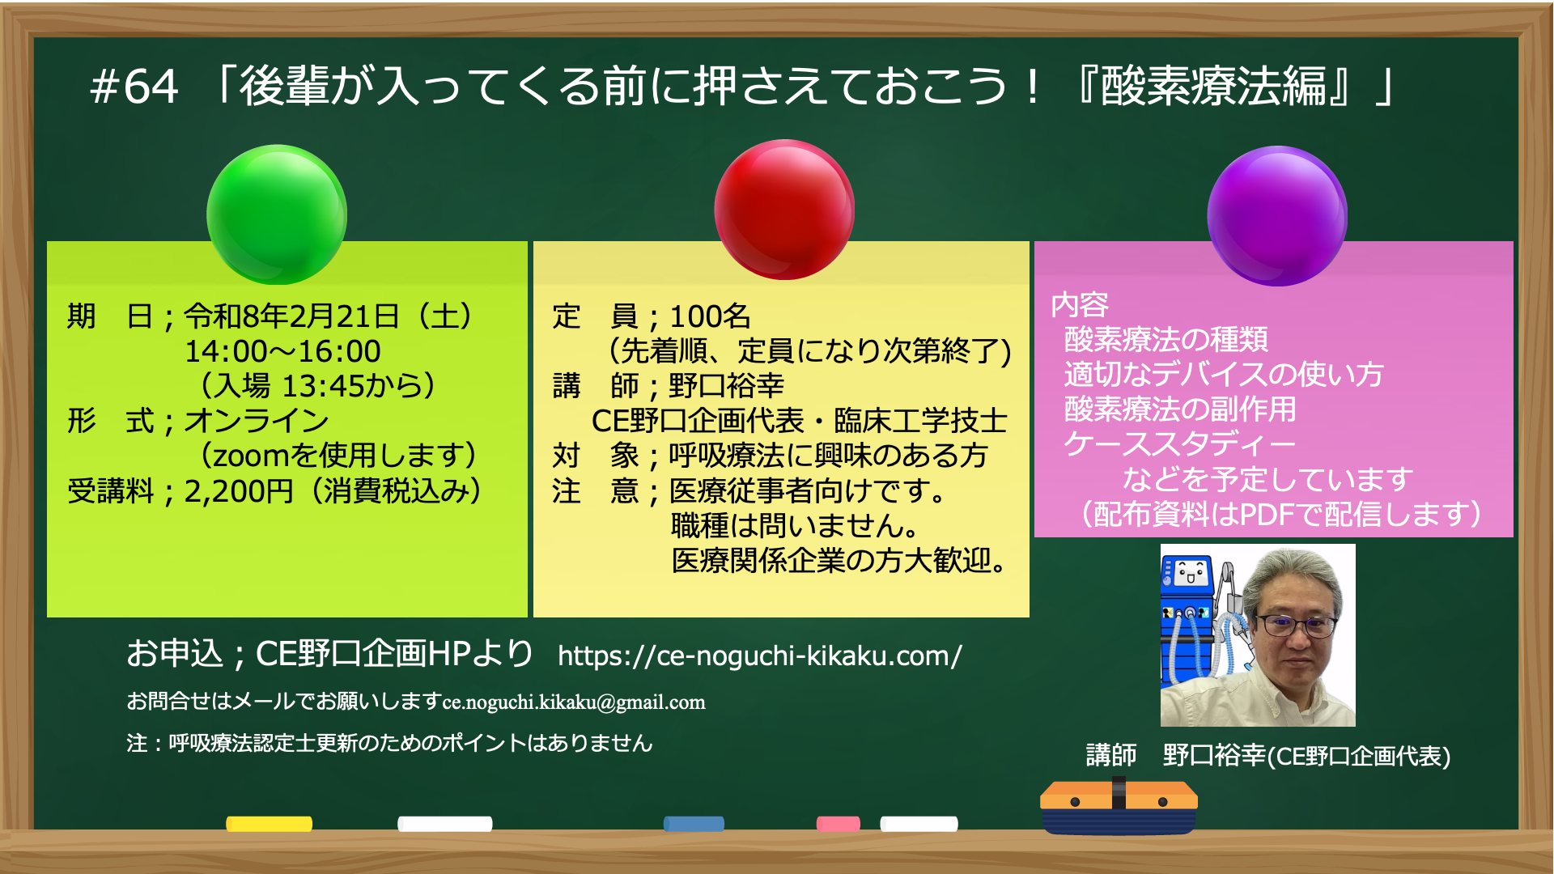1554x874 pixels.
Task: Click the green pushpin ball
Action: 277,214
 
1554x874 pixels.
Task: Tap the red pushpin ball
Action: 783,210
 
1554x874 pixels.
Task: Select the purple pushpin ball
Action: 1277,216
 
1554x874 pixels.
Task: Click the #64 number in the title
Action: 134,87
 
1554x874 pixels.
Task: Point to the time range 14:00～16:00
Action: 282,351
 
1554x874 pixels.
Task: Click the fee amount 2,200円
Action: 239,491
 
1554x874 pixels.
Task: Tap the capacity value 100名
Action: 710,316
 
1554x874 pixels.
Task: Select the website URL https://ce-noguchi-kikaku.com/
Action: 759,655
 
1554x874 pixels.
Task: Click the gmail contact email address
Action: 574,702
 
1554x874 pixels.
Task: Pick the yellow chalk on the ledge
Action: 269,824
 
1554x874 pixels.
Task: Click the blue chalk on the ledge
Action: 694,824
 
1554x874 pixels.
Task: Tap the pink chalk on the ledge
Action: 838,824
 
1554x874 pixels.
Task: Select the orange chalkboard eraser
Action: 1119,806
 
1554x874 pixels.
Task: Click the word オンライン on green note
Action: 257,421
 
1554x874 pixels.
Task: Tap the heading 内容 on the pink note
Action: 1080,305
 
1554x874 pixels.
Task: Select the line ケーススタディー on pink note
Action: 1180,444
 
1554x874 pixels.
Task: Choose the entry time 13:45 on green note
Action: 323,386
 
